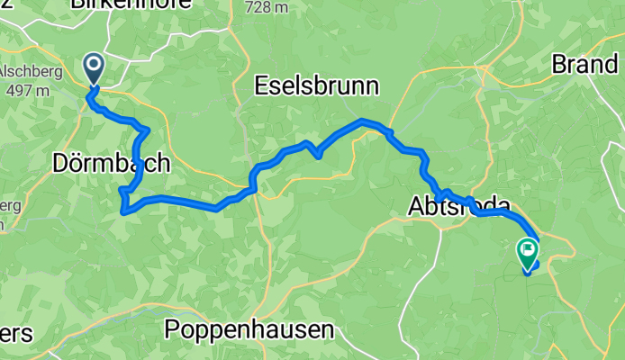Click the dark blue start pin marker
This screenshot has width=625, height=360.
[x=93, y=67]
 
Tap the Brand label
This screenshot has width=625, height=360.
[x=585, y=65]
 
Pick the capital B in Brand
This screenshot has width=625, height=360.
[x=559, y=65]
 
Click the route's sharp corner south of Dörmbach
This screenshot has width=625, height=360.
[x=122, y=211]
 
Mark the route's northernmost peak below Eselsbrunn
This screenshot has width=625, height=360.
[x=362, y=120]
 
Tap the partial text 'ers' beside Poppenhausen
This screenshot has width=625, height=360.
[x=16, y=332]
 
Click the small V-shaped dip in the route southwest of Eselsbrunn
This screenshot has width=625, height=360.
[x=318, y=155]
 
